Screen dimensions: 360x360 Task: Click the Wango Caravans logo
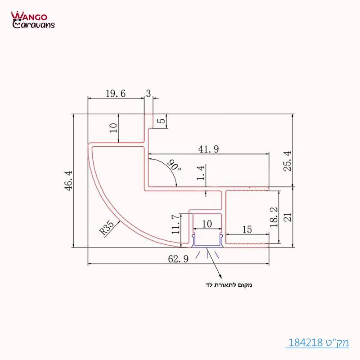(32, 20)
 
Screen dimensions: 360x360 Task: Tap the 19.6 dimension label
(115, 94)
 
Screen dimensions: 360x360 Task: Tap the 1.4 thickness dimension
(201, 172)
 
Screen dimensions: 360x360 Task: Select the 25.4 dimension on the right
(288, 161)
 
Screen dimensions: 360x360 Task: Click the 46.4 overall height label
(69, 180)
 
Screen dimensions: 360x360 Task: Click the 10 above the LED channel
(207, 224)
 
